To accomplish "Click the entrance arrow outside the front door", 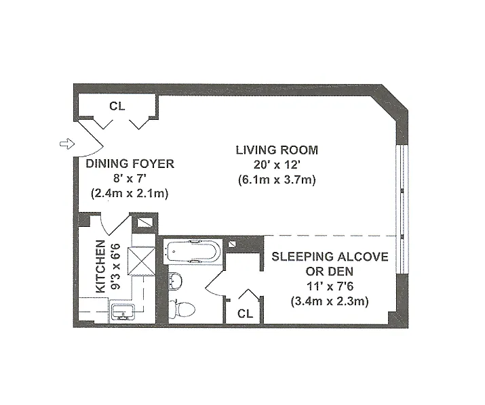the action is pos(67,144).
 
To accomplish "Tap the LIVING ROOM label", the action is pos(277,150).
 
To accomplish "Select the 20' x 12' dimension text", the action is pos(277,165).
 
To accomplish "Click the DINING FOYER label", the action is pos(130,164).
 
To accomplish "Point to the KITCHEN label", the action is pos(101,266).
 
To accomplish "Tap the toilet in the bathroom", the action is pos(182,307).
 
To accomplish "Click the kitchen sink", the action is pos(123,311).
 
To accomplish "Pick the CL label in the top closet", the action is pos(117,106).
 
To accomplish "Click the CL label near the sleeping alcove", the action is pos(245,314).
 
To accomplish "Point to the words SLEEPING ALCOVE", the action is pos(330,257).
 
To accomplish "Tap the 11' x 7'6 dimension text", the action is pos(330,286).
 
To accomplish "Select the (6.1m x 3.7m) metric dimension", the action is pos(277,179).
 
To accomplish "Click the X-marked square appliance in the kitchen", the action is pos(142,261).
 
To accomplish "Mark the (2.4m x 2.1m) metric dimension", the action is pos(130,194).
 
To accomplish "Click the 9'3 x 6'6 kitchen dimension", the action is pos(115,267).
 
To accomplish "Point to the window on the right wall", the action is pos(402,209).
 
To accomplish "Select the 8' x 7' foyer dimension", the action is pos(130,179).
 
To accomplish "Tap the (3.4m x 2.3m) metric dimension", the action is pos(330,301).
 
